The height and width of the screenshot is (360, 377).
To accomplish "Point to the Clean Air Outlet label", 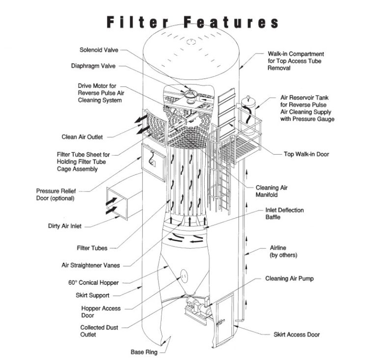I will [82, 137].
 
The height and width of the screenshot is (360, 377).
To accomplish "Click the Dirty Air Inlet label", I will [65, 226].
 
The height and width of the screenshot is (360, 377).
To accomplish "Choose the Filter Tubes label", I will [92, 248].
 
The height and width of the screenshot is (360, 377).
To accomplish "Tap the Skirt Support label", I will [93, 296].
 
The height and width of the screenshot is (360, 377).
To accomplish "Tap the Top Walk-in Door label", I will [307, 154].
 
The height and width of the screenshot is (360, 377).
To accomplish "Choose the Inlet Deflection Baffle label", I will [285, 214].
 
